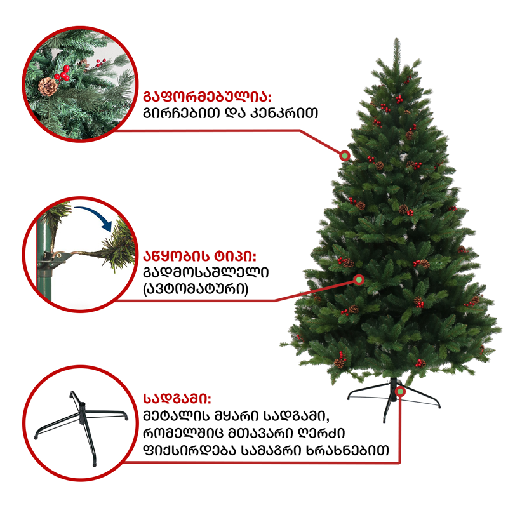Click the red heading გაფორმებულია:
(207, 97)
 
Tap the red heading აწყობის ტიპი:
(199, 257)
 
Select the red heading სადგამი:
(177, 399)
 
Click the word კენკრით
(284, 113)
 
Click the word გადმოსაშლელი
(206, 272)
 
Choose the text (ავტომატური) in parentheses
(196, 289)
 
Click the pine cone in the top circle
(48, 87)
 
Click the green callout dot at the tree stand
(401, 391)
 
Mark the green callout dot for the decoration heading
(345, 156)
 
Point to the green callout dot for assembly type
(359, 279)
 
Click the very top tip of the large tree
(397, 39)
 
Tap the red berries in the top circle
(64, 74)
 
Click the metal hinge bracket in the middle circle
(58, 257)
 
